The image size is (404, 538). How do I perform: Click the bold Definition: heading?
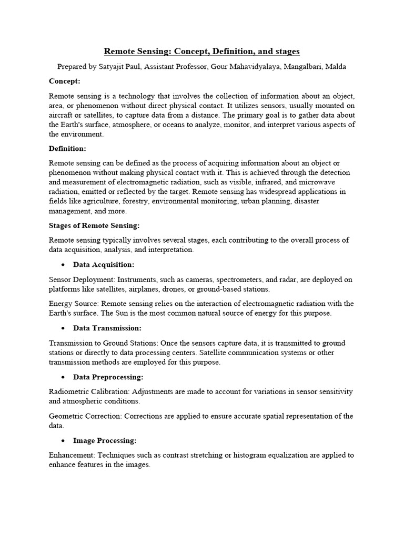click(x=67, y=149)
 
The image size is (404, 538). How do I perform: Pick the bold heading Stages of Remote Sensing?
click(x=94, y=225)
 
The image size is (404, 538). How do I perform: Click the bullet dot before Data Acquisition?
click(x=63, y=264)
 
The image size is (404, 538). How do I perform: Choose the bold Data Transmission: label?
click(x=107, y=328)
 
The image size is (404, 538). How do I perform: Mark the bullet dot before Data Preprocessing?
click(x=63, y=377)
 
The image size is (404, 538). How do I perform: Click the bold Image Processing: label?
click(x=105, y=440)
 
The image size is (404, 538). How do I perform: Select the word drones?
click(x=205, y=289)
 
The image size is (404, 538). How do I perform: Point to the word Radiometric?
click(x=68, y=392)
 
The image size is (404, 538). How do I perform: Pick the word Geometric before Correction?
click(x=66, y=417)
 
